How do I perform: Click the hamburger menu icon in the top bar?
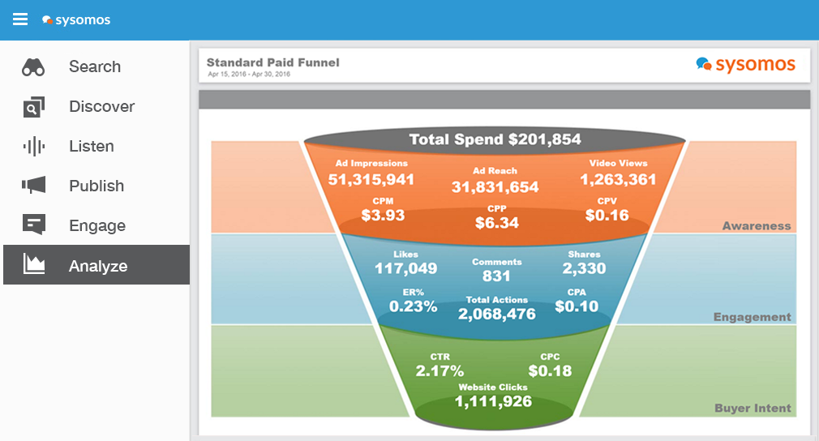pyautogui.click(x=20, y=19)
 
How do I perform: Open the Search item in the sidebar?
pyautogui.click(x=94, y=67)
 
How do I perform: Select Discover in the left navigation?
pyautogui.click(x=101, y=107)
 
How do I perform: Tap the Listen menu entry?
pyautogui.click(x=91, y=147)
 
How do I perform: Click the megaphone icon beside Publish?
pyautogui.click(x=34, y=186)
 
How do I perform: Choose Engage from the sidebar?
pyautogui.click(x=96, y=226)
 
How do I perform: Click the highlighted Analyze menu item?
pyautogui.click(x=96, y=266)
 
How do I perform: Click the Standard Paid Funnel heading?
pyautogui.click(x=272, y=62)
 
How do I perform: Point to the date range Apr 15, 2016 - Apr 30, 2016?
pyautogui.click(x=249, y=75)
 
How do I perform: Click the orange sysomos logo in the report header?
pyautogui.click(x=745, y=65)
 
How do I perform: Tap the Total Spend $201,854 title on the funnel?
pyautogui.click(x=495, y=139)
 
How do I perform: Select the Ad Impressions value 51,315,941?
pyautogui.click(x=371, y=179)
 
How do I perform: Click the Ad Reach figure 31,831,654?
pyautogui.click(x=495, y=187)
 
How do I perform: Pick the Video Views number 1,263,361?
pyautogui.click(x=618, y=179)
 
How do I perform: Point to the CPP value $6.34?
pyautogui.click(x=496, y=223)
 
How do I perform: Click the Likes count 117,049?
pyautogui.click(x=405, y=268)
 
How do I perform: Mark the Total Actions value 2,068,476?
pyautogui.click(x=496, y=314)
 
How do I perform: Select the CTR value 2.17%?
pyautogui.click(x=440, y=371)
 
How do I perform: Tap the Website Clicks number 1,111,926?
pyautogui.click(x=493, y=401)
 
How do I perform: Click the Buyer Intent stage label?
pyautogui.click(x=753, y=409)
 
